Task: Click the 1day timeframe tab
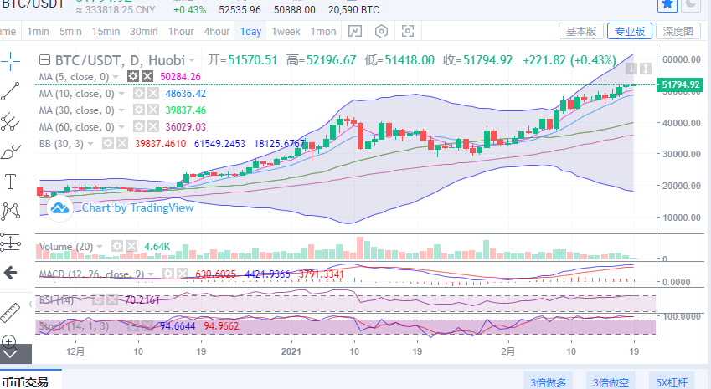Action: click(250, 32)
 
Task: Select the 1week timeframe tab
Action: click(285, 32)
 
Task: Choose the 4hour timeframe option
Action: click(216, 32)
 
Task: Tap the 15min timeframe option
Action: click(106, 32)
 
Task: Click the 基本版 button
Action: click(580, 32)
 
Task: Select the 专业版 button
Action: click(629, 32)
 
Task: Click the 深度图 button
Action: click(678, 32)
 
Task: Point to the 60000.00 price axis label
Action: click(680, 60)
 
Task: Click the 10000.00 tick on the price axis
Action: click(680, 217)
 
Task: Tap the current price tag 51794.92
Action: click(680, 84)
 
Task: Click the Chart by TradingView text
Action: click(137, 208)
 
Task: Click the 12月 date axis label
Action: click(75, 352)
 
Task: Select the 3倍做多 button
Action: click(549, 382)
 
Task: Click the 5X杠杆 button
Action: click(672, 382)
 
